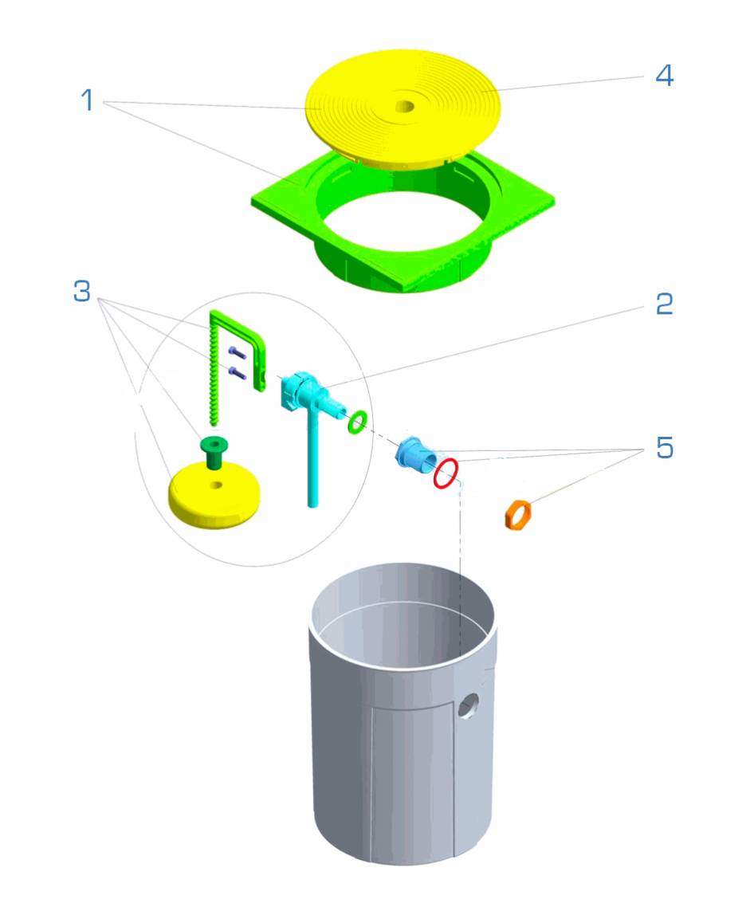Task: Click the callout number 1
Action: tap(88, 100)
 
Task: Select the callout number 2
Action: tap(664, 304)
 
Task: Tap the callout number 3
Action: tap(82, 291)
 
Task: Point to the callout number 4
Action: tap(665, 75)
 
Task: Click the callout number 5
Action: tap(665, 448)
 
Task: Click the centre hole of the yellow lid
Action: tap(404, 107)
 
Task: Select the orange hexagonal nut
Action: tap(517, 515)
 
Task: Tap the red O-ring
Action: tap(446, 473)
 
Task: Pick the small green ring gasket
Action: tap(357, 422)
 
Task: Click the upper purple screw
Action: tap(237, 352)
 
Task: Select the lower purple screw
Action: tap(237, 372)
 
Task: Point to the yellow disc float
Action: tap(214, 496)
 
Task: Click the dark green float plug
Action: tap(214, 451)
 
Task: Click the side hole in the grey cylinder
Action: tap(468, 706)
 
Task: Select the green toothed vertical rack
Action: tap(214, 374)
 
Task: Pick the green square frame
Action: tap(403, 222)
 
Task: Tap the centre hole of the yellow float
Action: tap(216, 485)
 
